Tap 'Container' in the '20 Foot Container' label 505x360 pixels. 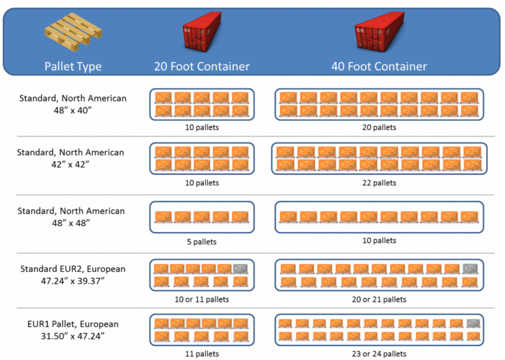(224, 66)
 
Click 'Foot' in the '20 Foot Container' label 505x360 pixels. (183, 66)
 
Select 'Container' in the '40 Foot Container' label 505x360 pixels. (401, 66)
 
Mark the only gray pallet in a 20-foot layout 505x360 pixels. (241, 269)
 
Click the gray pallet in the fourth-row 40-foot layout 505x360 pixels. (469, 269)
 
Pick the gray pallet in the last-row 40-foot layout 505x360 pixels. (473, 323)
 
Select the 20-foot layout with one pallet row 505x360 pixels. (201, 217)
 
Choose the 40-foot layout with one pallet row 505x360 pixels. (378, 217)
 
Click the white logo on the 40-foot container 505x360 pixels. (360, 30)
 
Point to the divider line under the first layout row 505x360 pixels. (256, 137)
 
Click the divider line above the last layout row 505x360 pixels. (256, 307)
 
